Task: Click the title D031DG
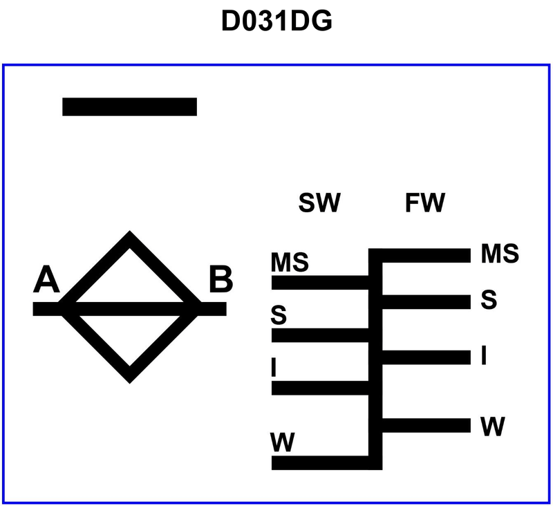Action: click(x=276, y=21)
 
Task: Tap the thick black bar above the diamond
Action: click(x=130, y=106)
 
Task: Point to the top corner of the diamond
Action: click(x=129, y=237)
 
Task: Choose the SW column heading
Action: click(x=320, y=203)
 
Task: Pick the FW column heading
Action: click(x=425, y=203)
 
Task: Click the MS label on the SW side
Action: click(x=290, y=263)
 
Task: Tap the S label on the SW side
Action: click(x=279, y=315)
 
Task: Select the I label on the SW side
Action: click(x=274, y=368)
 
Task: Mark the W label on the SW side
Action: click(x=281, y=441)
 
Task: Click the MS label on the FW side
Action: click(x=500, y=254)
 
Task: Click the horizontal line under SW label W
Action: click(x=321, y=462)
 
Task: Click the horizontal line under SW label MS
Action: click(x=321, y=282)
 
